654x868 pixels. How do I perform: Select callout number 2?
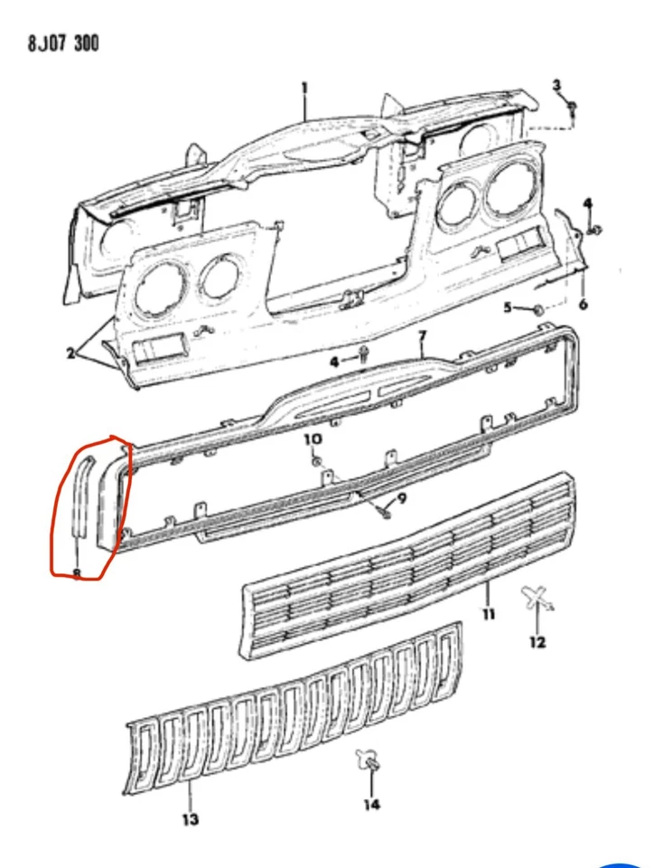70,353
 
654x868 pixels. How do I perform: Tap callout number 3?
557,84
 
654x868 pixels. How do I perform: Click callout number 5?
509,307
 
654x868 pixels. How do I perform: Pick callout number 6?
583,304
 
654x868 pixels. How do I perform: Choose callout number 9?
402,497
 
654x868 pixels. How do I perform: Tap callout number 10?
312,439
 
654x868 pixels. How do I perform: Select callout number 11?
489,616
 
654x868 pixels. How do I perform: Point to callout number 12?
538,643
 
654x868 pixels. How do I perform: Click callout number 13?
190,819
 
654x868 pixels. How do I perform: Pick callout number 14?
372,804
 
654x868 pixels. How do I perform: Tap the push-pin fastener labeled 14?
369,761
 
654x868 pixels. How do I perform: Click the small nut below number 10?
316,462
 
